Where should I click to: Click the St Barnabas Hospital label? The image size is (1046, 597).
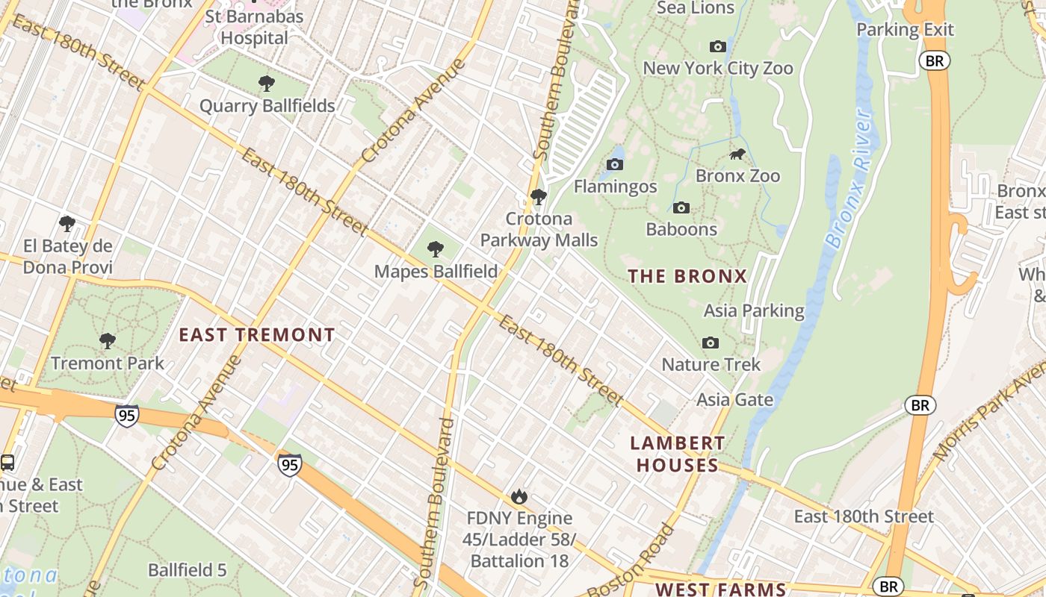click(x=254, y=27)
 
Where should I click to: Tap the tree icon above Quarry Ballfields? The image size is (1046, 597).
click(x=266, y=84)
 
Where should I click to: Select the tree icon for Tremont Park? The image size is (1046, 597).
click(x=108, y=341)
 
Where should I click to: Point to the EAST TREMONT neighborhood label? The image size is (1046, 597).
click(x=257, y=335)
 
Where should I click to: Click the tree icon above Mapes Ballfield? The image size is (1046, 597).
click(x=436, y=249)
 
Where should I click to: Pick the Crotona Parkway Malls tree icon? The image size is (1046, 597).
click(x=538, y=197)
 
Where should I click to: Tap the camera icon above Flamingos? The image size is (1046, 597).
click(x=615, y=165)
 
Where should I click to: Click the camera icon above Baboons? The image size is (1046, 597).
click(x=681, y=207)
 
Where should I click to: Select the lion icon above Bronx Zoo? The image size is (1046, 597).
click(x=737, y=154)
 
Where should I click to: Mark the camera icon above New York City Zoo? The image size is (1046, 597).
click(x=717, y=47)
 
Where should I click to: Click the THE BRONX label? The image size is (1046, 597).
click(x=687, y=276)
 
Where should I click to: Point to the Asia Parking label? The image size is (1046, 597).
click(x=754, y=310)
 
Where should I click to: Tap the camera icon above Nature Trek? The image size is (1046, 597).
click(x=710, y=343)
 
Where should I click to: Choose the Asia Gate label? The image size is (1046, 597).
click(x=734, y=399)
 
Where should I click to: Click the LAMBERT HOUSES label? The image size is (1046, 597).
click(x=677, y=454)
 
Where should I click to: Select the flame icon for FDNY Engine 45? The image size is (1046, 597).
click(x=519, y=496)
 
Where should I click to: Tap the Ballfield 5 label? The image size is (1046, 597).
click(x=187, y=570)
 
